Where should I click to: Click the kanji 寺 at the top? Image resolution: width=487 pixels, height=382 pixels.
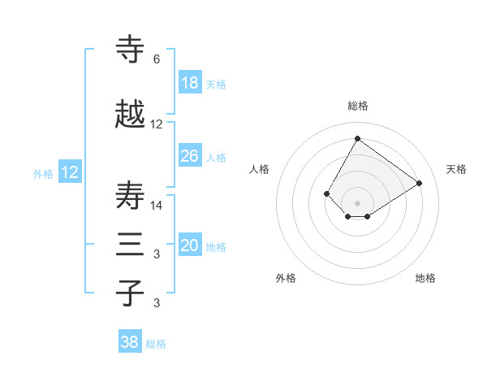(x=131, y=50)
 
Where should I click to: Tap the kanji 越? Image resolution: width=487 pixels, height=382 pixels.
(x=131, y=115)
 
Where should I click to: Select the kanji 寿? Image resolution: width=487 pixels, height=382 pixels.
(x=131, y=196)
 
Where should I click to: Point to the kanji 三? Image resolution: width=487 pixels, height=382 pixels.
(x=131, y=245)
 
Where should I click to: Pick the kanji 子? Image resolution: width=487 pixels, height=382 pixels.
(x=131, y=293)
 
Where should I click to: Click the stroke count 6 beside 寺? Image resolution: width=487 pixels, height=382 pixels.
(x=156, y=59)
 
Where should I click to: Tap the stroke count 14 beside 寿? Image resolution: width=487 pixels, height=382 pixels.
(x=157, y=206)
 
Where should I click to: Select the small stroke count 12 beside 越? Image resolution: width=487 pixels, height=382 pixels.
(x=157, y=124)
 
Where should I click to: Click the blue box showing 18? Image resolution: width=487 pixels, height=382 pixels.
(x=190, y=83)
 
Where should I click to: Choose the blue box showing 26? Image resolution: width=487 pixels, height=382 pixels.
(x=190, y=156)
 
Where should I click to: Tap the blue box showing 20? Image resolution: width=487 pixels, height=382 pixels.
(x=190, y=245)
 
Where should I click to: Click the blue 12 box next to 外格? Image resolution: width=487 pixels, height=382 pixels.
(x=69, y=172)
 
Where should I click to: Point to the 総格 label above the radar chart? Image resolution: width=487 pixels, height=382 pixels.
(x=357, y=106)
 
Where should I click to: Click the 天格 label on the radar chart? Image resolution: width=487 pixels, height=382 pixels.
(x=456, y=169)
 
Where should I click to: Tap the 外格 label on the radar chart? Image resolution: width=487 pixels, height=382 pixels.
(x=286, y=278)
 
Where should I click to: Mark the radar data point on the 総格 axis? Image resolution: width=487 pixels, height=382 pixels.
(x=357, y=138)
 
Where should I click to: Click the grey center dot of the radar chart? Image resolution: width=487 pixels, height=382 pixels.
(x=357, y=202)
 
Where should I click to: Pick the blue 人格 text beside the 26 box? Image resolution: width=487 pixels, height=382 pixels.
(x=216, y=157)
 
